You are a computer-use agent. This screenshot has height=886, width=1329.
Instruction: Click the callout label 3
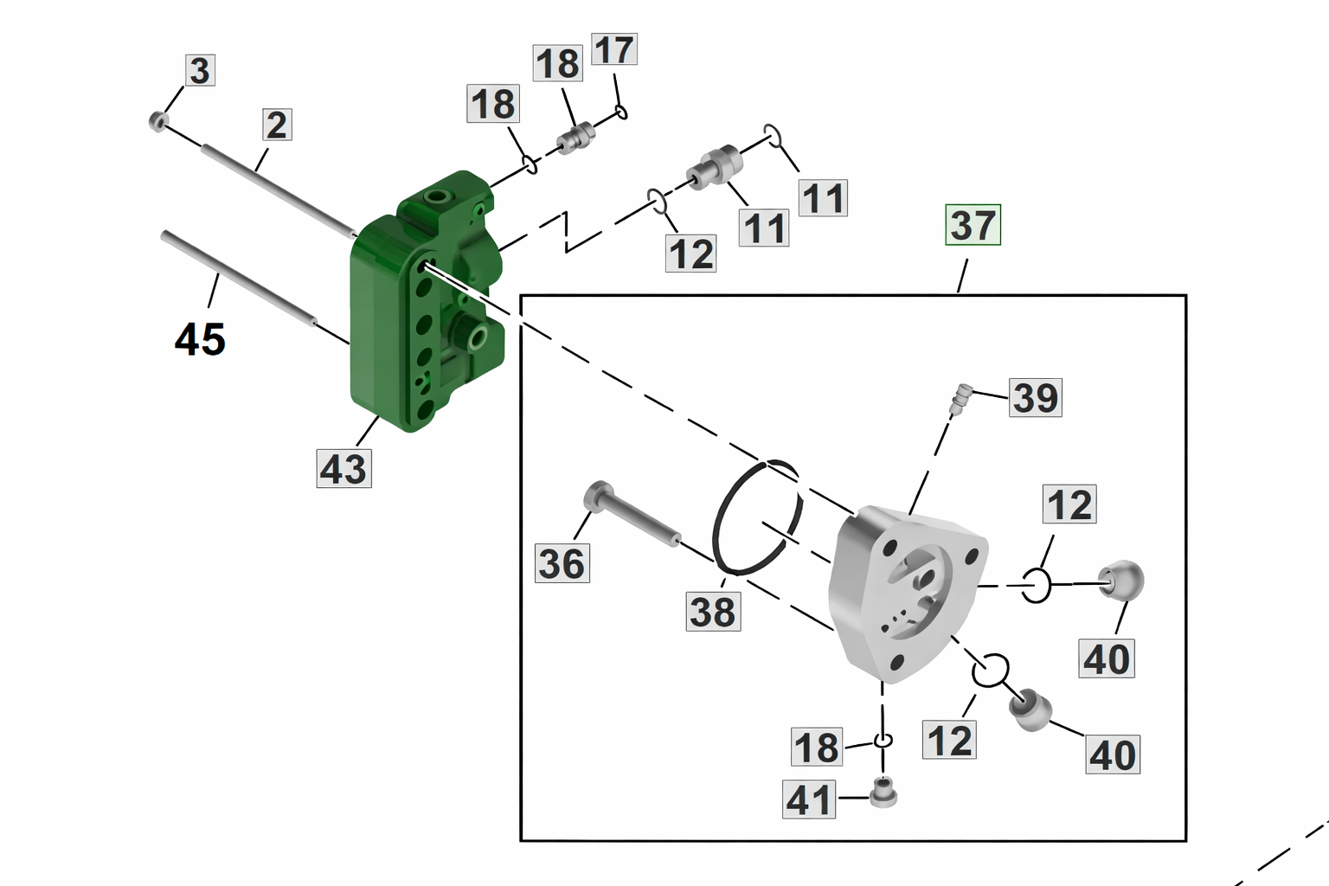point(199,70)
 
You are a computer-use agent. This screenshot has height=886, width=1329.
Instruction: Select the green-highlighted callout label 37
point(973,225)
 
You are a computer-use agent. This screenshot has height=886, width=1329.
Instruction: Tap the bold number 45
point(200,338)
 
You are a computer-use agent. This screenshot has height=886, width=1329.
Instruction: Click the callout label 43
point(343,469)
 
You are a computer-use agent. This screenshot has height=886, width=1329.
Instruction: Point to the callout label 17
point(614,49)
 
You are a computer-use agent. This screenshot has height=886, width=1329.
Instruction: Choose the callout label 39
point(1036,397)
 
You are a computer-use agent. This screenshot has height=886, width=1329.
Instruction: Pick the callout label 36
point(562,563)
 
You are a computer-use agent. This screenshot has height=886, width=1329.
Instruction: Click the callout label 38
point(713,612)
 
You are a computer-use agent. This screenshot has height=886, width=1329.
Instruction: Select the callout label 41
point(809,799)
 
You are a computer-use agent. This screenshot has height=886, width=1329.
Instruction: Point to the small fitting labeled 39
point(960,399)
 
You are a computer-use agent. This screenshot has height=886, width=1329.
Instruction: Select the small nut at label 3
point(157,121)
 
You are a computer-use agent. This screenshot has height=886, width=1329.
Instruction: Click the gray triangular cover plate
point(900,597)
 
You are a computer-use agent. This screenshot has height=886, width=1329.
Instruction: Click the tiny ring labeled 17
point(621,112)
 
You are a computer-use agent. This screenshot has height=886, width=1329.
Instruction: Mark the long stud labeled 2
point(277,191)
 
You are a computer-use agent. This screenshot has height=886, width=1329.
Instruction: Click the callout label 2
point(276,125)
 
